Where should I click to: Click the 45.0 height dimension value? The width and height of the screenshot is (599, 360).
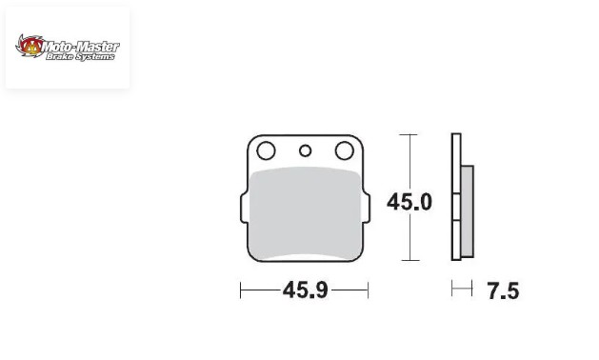pyautogui.click(x=409, y=202)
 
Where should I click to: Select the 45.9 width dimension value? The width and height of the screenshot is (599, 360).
pyautogui.click(x=306, y=290)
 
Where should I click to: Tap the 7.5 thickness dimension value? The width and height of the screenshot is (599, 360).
pyautogui.click(x=503, y=291)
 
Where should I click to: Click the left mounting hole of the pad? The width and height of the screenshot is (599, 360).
pyautogui.click(x=266, y=150)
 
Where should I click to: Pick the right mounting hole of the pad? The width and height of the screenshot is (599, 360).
pyautogui.click(x=345, y=150)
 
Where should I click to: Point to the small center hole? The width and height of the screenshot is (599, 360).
pyautogui.click(x=306, y=151)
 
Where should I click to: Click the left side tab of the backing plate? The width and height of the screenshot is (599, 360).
pyautogui.click(x=245, y=208)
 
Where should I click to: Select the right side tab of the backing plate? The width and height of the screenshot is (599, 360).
pyautogui.click(x=366, y=208)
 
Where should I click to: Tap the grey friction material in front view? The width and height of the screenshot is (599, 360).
pyautogui.click(x=305, y=213)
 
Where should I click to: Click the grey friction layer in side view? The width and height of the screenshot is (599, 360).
pyautogui.click(x=468, y=211)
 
